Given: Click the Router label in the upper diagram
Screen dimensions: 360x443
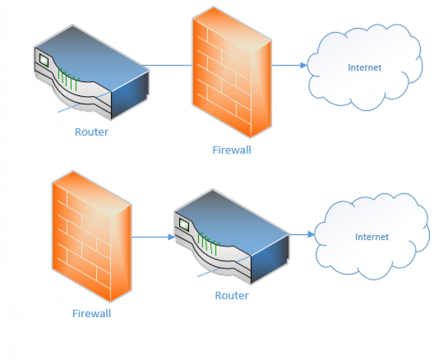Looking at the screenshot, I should click(91, 132).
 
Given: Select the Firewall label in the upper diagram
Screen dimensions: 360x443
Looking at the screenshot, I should click(231, 150).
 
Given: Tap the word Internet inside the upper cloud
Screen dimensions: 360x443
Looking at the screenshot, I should click(364, 68).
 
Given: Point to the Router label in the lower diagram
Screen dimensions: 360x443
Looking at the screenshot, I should click(231, 295).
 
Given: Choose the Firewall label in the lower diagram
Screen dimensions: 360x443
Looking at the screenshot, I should click(91, 313).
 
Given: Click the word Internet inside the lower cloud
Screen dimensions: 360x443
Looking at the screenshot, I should click(372, 236).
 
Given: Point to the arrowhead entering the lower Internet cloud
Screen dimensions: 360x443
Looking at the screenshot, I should click(310, 234).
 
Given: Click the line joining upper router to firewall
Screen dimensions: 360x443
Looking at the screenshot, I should click(169, 65).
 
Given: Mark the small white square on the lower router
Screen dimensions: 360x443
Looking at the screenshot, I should click(183, 223).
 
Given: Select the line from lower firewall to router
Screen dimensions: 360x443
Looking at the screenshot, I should click(150, 237).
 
